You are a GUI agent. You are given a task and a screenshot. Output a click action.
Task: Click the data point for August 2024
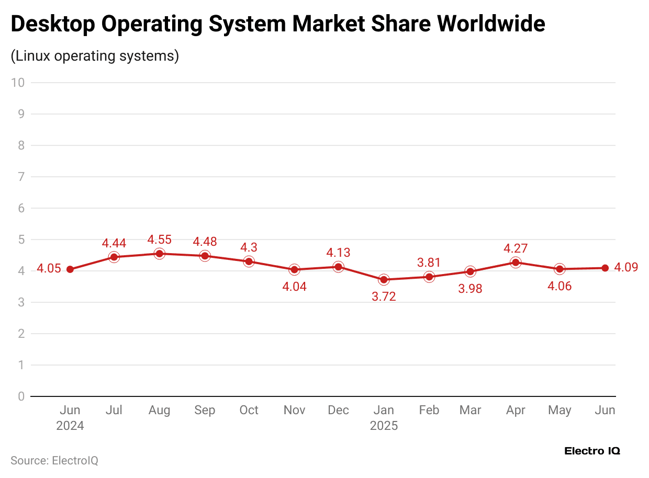pos(159,254)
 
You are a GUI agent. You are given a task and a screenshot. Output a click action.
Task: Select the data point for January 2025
pos(384,280)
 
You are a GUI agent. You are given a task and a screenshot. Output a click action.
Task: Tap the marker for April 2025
pos(516,263)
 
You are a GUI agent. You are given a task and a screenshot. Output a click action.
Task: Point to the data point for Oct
pos(249,261)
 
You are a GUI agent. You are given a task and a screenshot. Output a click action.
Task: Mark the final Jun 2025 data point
pos(605,268)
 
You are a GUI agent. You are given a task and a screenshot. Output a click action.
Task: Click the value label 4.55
pos(159,240)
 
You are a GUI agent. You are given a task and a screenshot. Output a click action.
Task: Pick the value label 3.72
pos(384,297)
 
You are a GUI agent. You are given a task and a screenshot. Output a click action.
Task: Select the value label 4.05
pos(49,269)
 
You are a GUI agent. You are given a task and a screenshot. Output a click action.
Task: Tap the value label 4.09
pos(626,268)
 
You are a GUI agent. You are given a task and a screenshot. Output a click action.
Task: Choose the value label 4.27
pos(516,247)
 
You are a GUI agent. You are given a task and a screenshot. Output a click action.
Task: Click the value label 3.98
pos(470,288)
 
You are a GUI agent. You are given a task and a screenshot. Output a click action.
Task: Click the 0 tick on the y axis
pos(21,396)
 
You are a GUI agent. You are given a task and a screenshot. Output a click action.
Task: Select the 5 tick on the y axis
pos(21,240)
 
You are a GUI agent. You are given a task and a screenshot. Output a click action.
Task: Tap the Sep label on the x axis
pos(204,411)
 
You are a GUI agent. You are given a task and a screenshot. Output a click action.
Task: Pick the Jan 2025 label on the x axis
pos(384,418)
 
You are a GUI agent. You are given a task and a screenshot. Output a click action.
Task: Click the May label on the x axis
pos(560,411)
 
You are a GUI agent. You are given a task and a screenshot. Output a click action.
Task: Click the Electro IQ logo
pos(592,451)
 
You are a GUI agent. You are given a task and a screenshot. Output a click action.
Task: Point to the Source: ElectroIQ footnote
pos(54,460)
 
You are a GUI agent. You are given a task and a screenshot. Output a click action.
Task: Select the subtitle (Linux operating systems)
pos(95,56)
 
